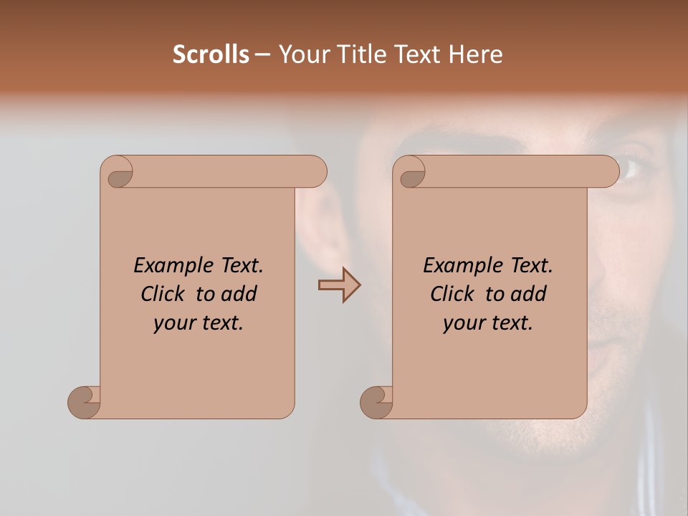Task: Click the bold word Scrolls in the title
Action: click(x=211, y=54)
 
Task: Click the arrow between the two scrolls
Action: click(x=339, y=285)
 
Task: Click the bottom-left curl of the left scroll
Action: click(x=84, y=401)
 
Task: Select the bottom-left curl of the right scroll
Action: click(x=376, y=401)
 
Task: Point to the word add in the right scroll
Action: click(x=527, y=295)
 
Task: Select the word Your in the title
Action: click(x=300, y=54)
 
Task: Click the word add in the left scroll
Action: click(x=238, y=295)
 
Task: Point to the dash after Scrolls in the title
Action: click(x=262, y=54)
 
